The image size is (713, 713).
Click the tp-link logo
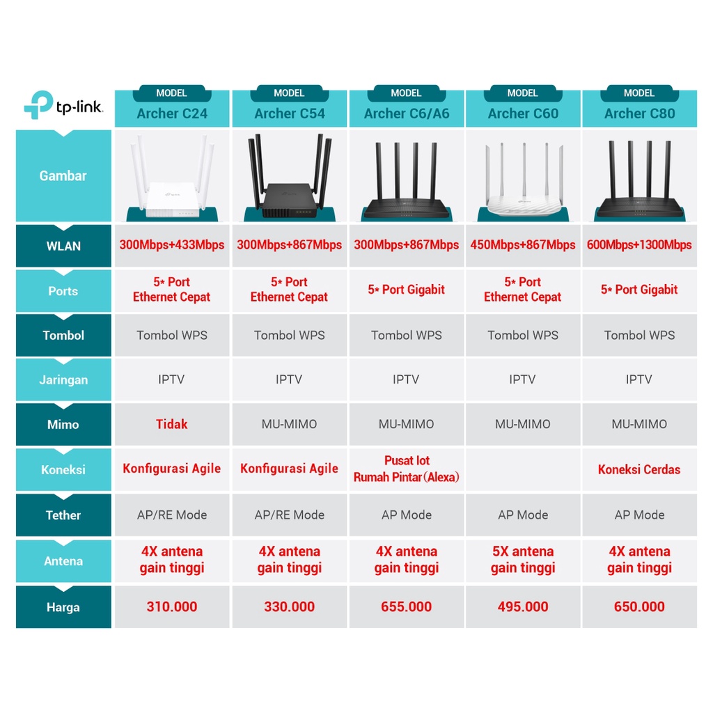click(x=63, y=106)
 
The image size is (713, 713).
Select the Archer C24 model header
click(x=172, y=113)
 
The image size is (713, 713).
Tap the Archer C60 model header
click(x=523, y=113)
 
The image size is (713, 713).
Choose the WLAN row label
click(x=63, y=246)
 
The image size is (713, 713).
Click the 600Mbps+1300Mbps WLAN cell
click(x=639, y=244)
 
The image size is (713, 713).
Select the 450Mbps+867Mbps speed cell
click(x=523, y=244)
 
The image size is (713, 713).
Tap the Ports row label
click(x=63, y=291)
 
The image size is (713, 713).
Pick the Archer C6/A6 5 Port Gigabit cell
click(x=406, y=290)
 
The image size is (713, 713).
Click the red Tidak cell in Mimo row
click(x=172, y=424)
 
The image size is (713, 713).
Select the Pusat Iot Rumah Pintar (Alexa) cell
click(x=406, y=469)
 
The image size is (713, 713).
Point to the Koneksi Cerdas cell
click(x=639, y=469)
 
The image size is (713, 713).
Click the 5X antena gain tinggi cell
click(x=523, y=560)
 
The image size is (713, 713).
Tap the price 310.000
click(x=172, y=606)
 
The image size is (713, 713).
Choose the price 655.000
click(x=406, y=606)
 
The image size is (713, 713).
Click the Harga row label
click(x=63, y=607)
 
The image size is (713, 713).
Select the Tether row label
click(x=63, y=515)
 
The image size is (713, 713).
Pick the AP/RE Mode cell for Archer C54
click(x=289, y=515)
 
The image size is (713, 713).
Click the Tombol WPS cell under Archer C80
click(x=639, y=335)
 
